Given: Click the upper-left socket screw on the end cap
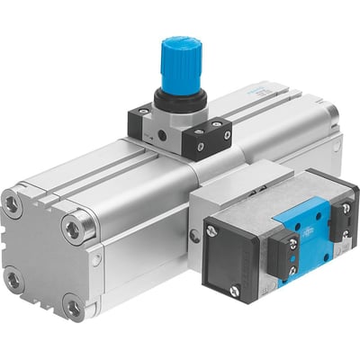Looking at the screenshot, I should click(x=12, y=205).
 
